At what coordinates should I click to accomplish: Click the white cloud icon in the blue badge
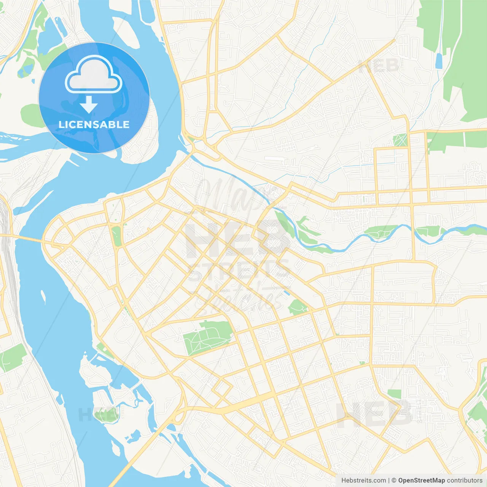coord(94,75)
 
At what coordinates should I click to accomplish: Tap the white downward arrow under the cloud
coord(89,105)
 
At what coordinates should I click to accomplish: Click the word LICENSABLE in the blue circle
coord(94,124)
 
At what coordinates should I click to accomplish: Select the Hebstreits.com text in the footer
coord(363,481)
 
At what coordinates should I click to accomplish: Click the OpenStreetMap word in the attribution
coord(422,481)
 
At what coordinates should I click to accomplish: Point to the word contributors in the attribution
coord(465,481)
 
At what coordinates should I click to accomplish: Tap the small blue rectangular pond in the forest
coord(439,61)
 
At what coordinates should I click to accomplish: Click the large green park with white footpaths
coord(207,337)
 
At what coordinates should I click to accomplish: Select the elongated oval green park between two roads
coord(116,236)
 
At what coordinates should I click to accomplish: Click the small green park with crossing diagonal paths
coord(400,140)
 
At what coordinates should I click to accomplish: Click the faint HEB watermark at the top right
coord(379,66)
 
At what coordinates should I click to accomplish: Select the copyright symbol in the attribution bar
coord(394,481)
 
